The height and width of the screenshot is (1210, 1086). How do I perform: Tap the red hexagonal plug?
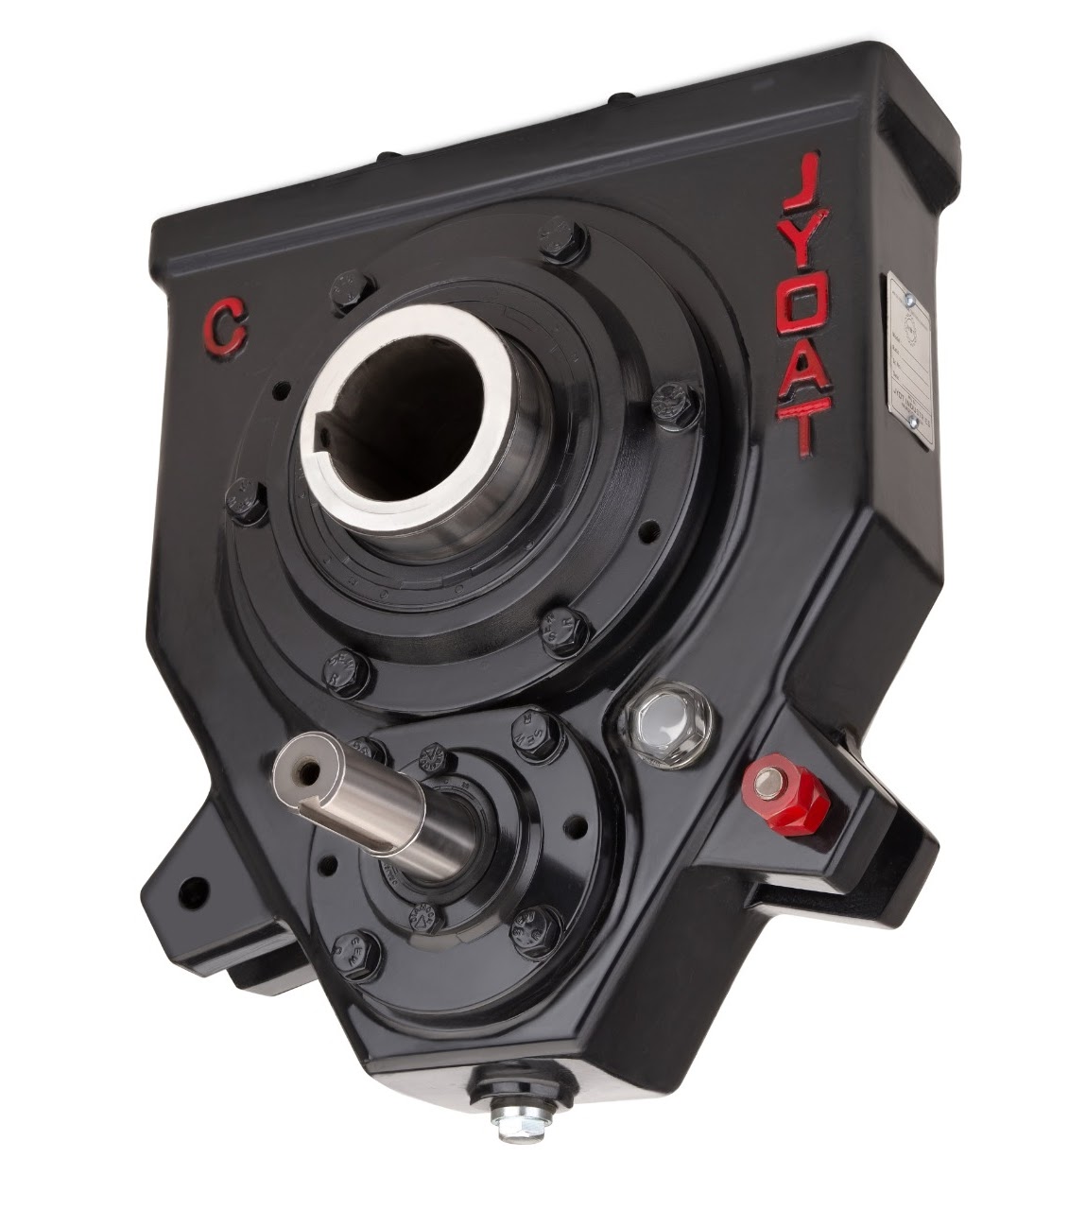click(x=786, y=796)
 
